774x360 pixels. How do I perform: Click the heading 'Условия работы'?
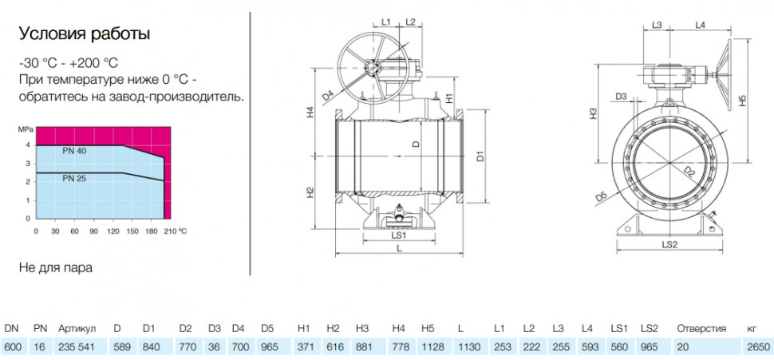[85, 34]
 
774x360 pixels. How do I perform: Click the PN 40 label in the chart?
[74, 151]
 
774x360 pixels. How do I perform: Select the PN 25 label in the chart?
[74, 179]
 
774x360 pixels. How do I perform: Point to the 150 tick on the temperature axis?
[132, 231]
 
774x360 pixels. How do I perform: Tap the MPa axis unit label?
[26, 130]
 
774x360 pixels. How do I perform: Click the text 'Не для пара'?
[56, 267]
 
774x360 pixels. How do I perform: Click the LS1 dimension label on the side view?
[398, 235]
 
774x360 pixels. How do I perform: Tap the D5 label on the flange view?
[601, 196]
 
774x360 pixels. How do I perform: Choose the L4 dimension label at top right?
[700, 24]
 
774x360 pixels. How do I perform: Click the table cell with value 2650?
[754, 347]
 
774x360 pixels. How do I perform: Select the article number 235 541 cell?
[76, 347]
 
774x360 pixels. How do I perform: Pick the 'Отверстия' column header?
[701, 329]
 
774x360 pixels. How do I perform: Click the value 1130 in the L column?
[469, 347]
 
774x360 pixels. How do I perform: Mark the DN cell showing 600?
[12, 347]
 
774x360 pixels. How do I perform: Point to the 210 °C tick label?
[175, 231]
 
